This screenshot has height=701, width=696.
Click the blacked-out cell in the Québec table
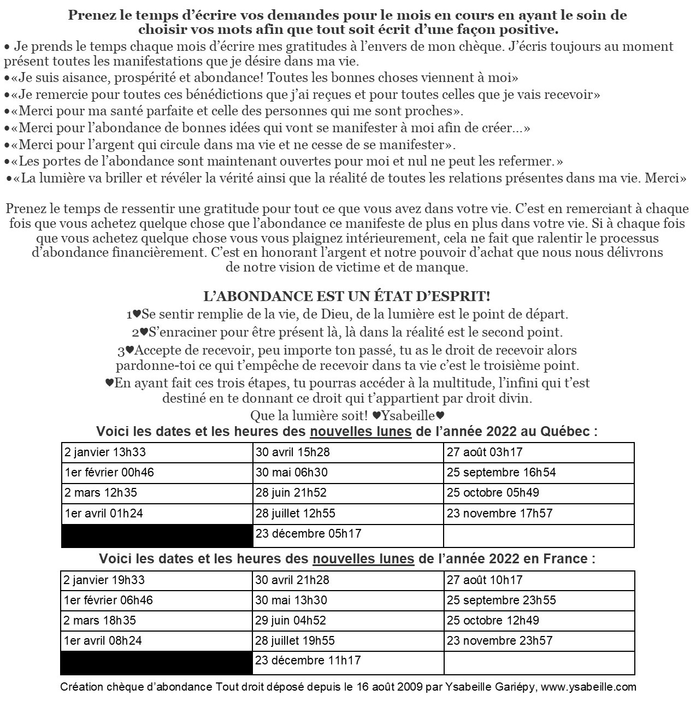157,535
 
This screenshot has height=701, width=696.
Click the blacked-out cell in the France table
157,662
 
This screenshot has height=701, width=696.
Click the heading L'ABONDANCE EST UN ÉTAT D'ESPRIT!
346,297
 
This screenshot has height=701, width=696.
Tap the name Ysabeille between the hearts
411,415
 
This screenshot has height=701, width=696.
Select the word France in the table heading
565,559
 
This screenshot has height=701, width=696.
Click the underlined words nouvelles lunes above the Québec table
361,432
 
